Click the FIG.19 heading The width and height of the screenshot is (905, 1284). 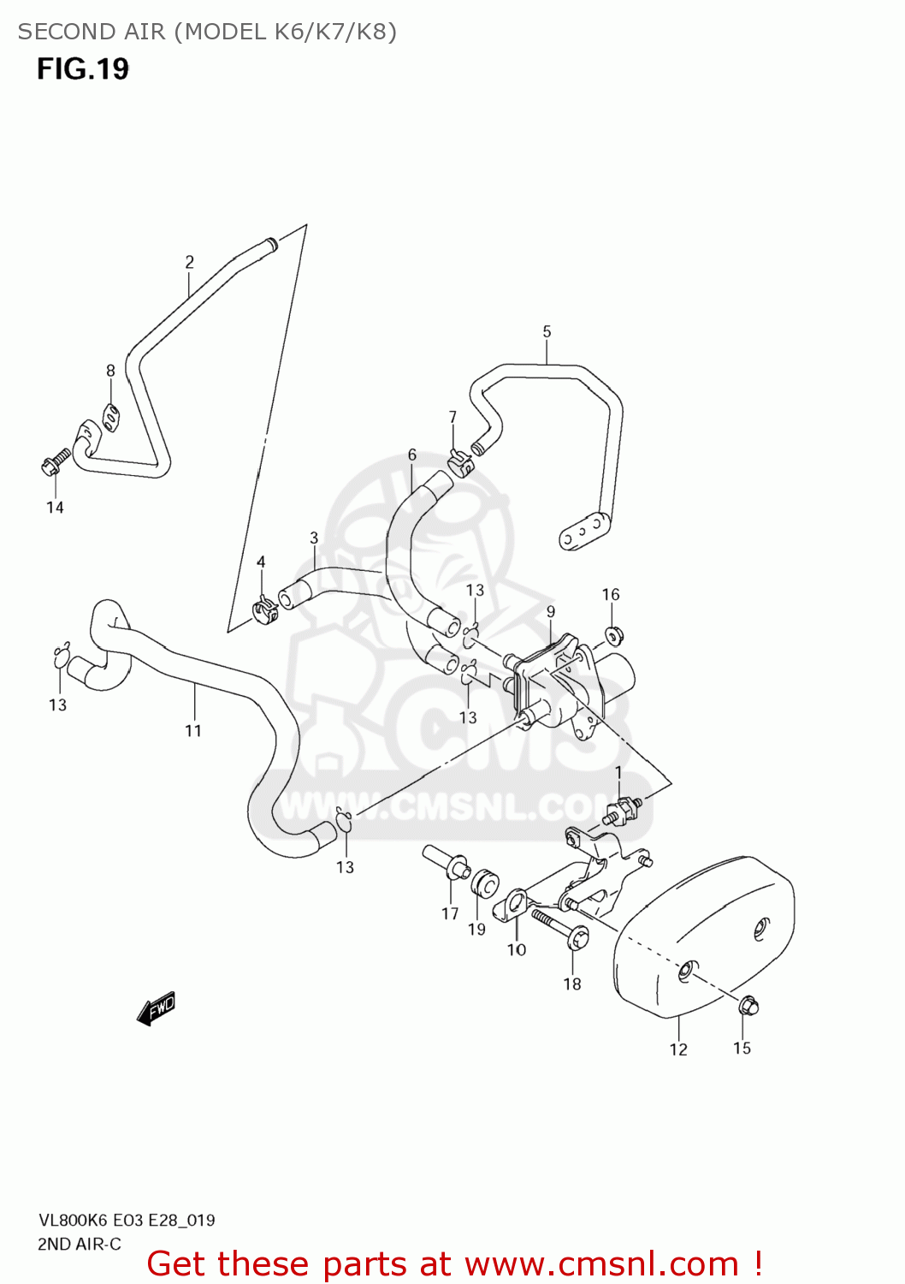pyautogui.click(x=83, y=68)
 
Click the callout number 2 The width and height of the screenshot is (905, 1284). pyautogui.click(x=190, y=262)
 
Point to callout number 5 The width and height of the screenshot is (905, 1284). pyautogui.click(x=547, y=331)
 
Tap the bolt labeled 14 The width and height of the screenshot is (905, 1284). pyautogui.click(x=54, y=464)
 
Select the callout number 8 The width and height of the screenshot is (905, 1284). pyautogui.click(x=110, y=371)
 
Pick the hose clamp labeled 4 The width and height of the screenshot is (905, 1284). pyautogui.click(x=264, y=609)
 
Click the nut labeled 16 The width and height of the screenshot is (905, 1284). pyautogui.click(x=612, y=635)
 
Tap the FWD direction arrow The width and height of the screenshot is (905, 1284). pyautogui.click(x=157, y=1008)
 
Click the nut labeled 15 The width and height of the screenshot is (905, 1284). pyautogui.click(x=748, y=1005)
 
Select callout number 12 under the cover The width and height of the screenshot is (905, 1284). pyautogui.click(x=678, y=1049)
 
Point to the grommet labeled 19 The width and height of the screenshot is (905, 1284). pyautogui.click(x=485, y=883)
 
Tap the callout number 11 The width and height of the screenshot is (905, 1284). pyautogui.click(x=193, y=730)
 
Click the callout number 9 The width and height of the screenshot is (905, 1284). pyautogui.click(x=551, y=612)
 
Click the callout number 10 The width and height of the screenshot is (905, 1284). pyautogui.click(x=517, y=949)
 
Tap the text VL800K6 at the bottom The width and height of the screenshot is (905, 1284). pyautogui.click(x=73, y=1220)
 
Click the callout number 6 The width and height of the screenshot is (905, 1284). pyautogui.click(x=412, y=455)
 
